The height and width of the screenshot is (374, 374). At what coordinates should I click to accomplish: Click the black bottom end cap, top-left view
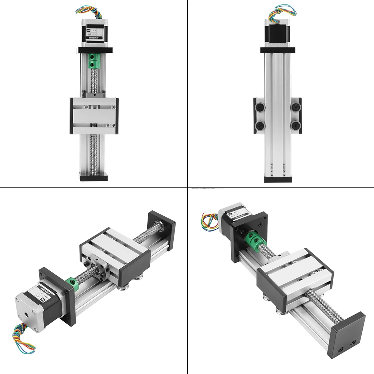[94, 176]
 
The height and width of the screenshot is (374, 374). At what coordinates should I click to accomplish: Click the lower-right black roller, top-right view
[295, 124]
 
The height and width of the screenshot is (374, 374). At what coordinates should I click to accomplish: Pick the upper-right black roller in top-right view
[295, 108]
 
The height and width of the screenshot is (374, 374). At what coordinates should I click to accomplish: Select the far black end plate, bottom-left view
[162, 230]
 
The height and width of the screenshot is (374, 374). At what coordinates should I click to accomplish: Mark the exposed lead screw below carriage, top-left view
[94, 153]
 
